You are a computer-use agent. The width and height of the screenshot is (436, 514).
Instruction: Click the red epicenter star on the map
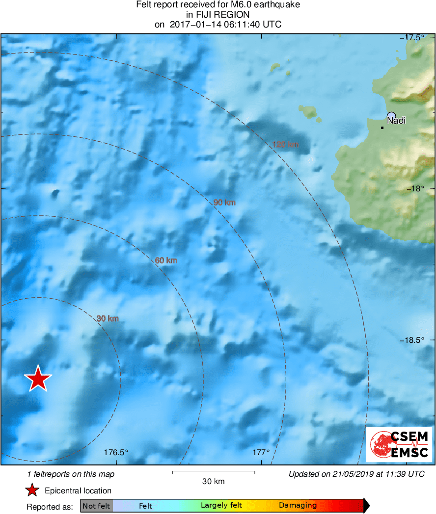click(38, 379)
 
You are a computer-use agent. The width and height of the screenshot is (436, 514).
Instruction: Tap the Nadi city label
click(396, 120)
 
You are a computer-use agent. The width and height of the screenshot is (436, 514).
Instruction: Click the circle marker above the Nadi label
click(391, 115)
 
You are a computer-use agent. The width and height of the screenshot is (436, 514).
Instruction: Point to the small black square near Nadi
click(382, 128)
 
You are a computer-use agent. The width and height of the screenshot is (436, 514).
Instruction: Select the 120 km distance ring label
click(285, 145)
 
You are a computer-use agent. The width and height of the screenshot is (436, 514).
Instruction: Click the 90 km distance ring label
click(224, 203)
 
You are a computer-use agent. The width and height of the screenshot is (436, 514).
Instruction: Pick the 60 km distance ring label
click(166, 260)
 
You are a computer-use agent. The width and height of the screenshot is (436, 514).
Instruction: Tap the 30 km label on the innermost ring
click(108, 319)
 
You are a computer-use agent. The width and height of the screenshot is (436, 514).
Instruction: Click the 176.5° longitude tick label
click(116, 453)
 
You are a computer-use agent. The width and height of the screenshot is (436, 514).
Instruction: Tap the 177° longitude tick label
click(261, 453)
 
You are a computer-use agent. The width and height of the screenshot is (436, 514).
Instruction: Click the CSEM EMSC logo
click(399, 444)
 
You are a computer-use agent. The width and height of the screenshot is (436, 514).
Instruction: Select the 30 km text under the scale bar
click(213, 482)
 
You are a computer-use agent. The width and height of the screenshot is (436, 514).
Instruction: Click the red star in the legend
click(32, 490)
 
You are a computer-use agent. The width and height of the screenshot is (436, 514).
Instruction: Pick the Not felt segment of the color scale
click(97, 506)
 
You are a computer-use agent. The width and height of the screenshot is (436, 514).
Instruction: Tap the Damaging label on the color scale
click(298, 506)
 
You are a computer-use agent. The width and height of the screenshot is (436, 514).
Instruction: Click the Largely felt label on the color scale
click(221, 506)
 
